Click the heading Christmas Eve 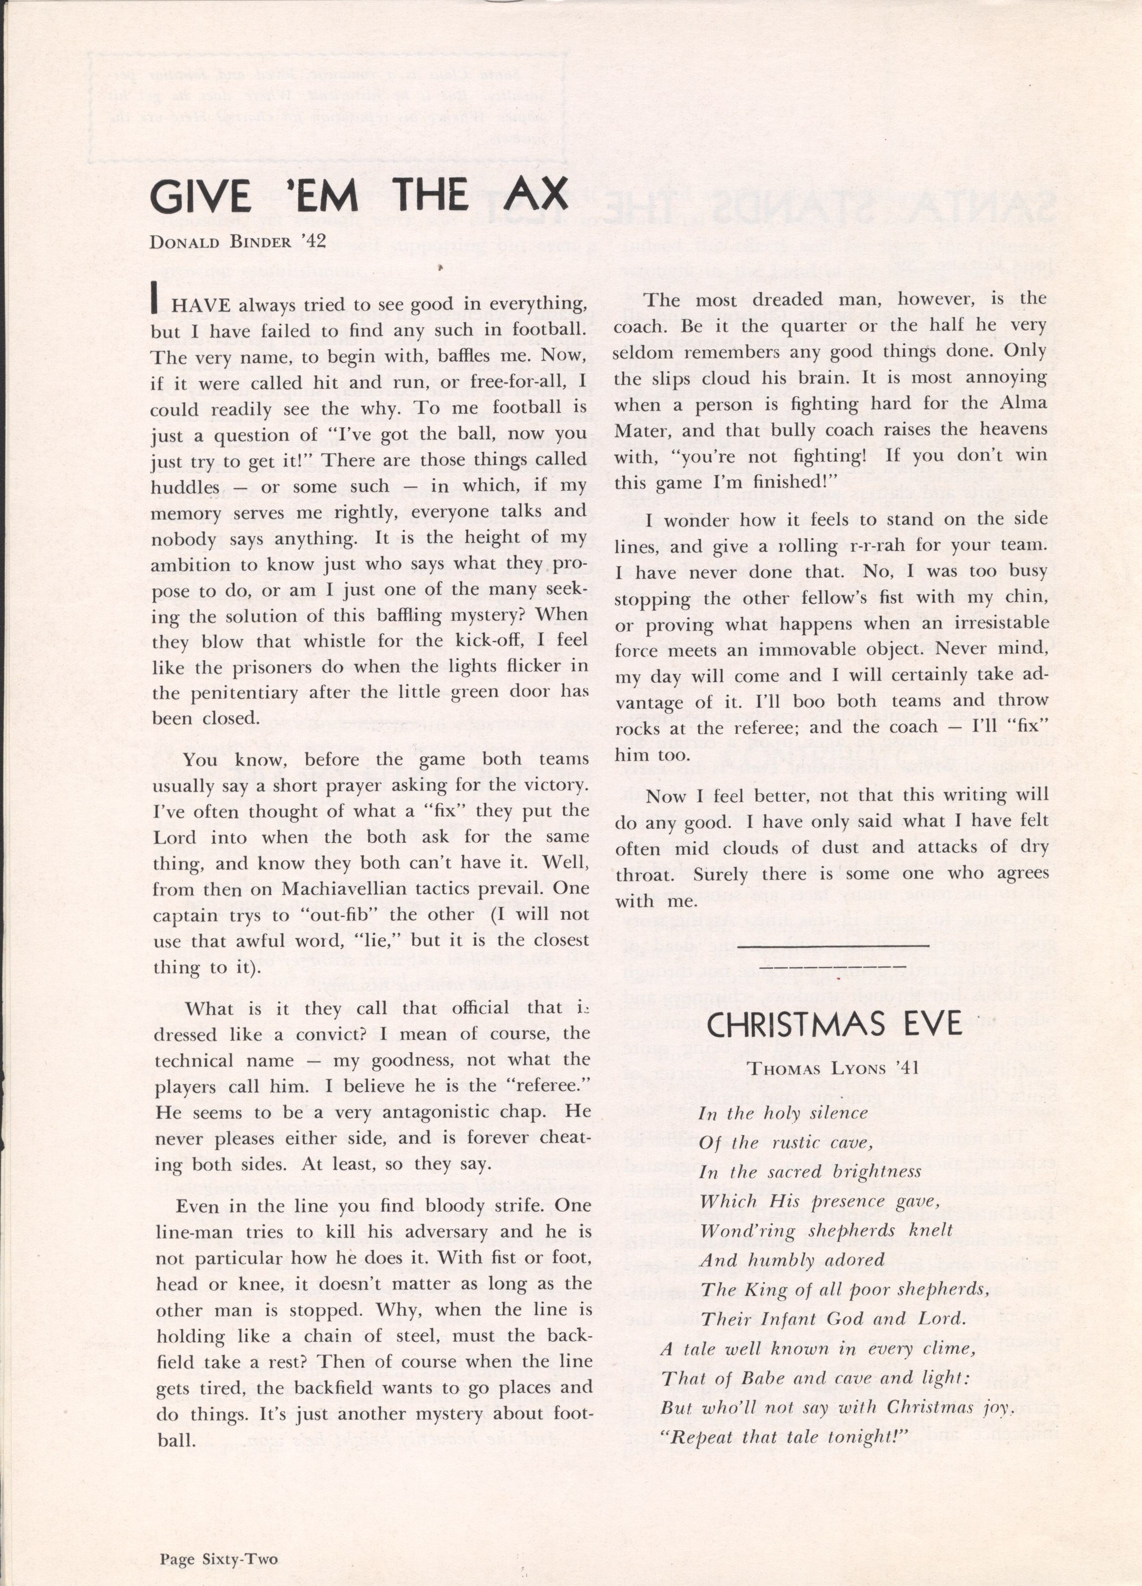[835, 1024]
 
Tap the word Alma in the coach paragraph [1026, 404]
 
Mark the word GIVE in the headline [200, 196]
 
